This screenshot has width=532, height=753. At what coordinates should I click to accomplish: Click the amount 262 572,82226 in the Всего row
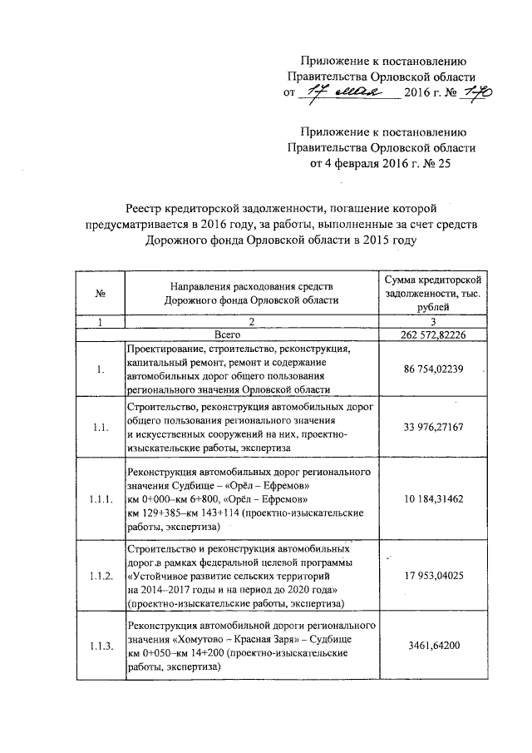coord(431,334)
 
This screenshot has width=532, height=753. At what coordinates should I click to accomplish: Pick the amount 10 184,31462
coord(431,500)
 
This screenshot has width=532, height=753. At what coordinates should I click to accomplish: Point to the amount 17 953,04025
coord(431,576)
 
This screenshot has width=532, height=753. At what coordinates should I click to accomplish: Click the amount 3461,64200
coord(431,645)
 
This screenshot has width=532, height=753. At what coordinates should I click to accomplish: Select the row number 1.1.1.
coord(100,500)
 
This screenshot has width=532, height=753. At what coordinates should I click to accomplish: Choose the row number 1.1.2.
coord(100,576)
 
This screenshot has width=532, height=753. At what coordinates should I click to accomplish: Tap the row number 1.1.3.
coord(100,645)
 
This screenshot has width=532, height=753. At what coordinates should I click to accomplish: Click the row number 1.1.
coord(100,429)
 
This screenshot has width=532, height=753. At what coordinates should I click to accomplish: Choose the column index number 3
coord(431,320)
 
